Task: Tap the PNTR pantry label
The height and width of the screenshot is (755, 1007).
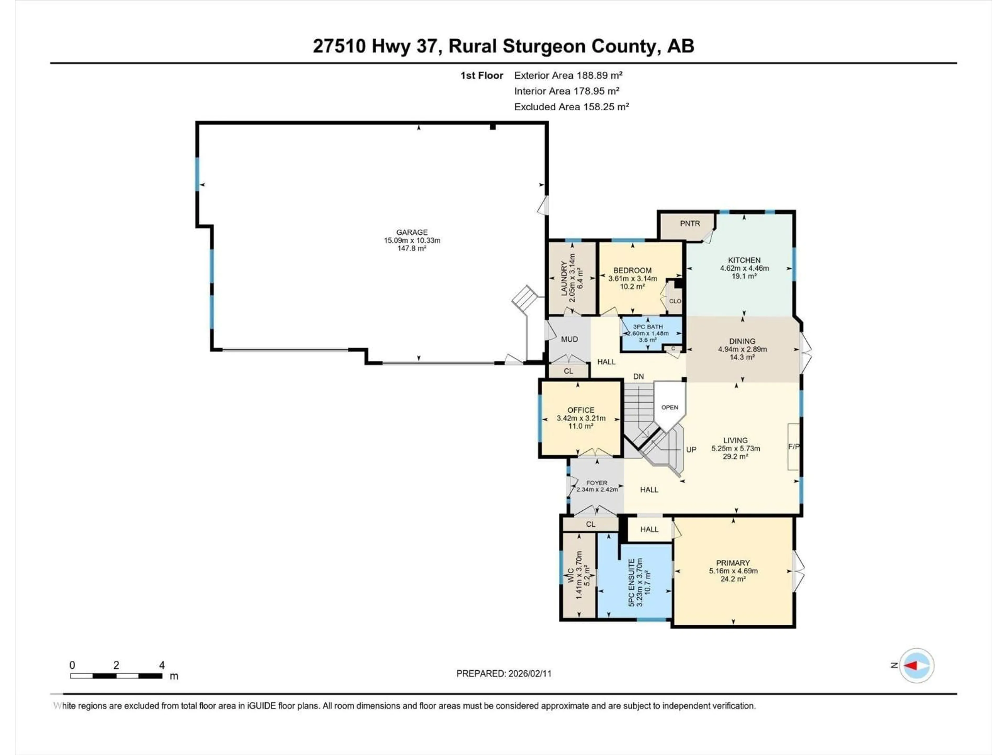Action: coord(690,223)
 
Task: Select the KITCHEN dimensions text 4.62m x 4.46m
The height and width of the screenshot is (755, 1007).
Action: coord(744,268)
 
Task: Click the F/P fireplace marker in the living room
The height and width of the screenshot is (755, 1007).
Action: coord(794,446)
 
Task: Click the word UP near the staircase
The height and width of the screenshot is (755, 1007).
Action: coord(691,450)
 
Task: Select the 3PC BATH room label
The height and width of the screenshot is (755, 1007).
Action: coord(647,327)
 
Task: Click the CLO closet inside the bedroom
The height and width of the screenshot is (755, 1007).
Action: coord(675,301)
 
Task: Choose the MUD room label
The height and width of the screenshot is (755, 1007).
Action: coord(569,339)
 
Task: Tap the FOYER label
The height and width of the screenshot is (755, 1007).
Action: coord(596,483)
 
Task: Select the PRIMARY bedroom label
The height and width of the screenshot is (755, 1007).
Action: coord(732,563)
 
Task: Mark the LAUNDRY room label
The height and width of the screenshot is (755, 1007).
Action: coord(564,278)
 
